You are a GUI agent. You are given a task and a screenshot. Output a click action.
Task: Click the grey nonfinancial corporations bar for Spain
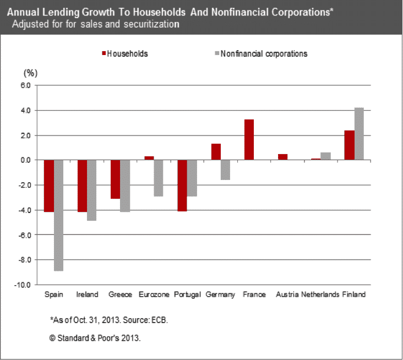pos(58,215)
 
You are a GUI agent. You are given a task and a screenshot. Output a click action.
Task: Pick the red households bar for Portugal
pos(182,186)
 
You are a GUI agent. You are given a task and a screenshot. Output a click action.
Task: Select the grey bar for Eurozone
pos(158,178)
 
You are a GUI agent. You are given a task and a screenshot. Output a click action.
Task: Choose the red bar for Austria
pos(282,157)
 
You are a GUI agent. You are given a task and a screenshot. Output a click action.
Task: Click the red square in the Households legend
pos(103,53)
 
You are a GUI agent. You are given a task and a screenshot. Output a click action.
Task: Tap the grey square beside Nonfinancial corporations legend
pos(216,53)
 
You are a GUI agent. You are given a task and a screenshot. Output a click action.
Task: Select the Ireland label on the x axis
pos(87,294)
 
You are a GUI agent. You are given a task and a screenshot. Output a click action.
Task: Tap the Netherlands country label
pos(320,294)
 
